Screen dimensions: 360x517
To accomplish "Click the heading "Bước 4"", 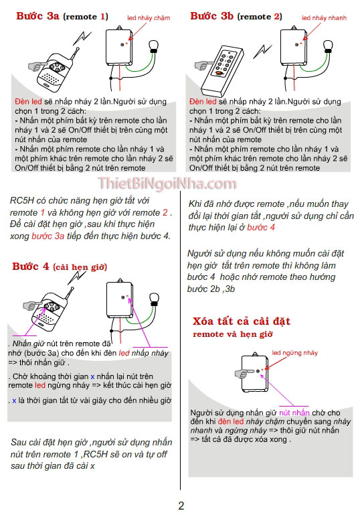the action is [x=31, y=267].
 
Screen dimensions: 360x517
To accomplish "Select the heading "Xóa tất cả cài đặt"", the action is [x=241, y=321].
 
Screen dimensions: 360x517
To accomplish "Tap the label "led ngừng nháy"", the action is [x=295, y=352].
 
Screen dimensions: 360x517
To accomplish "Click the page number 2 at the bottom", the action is [x=181, y=506].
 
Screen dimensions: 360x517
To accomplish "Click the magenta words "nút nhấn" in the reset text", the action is [x=294, y=413].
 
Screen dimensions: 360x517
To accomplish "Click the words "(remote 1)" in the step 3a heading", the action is [x=85, y=17].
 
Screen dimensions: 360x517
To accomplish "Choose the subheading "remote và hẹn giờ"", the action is [x=233, y=334].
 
